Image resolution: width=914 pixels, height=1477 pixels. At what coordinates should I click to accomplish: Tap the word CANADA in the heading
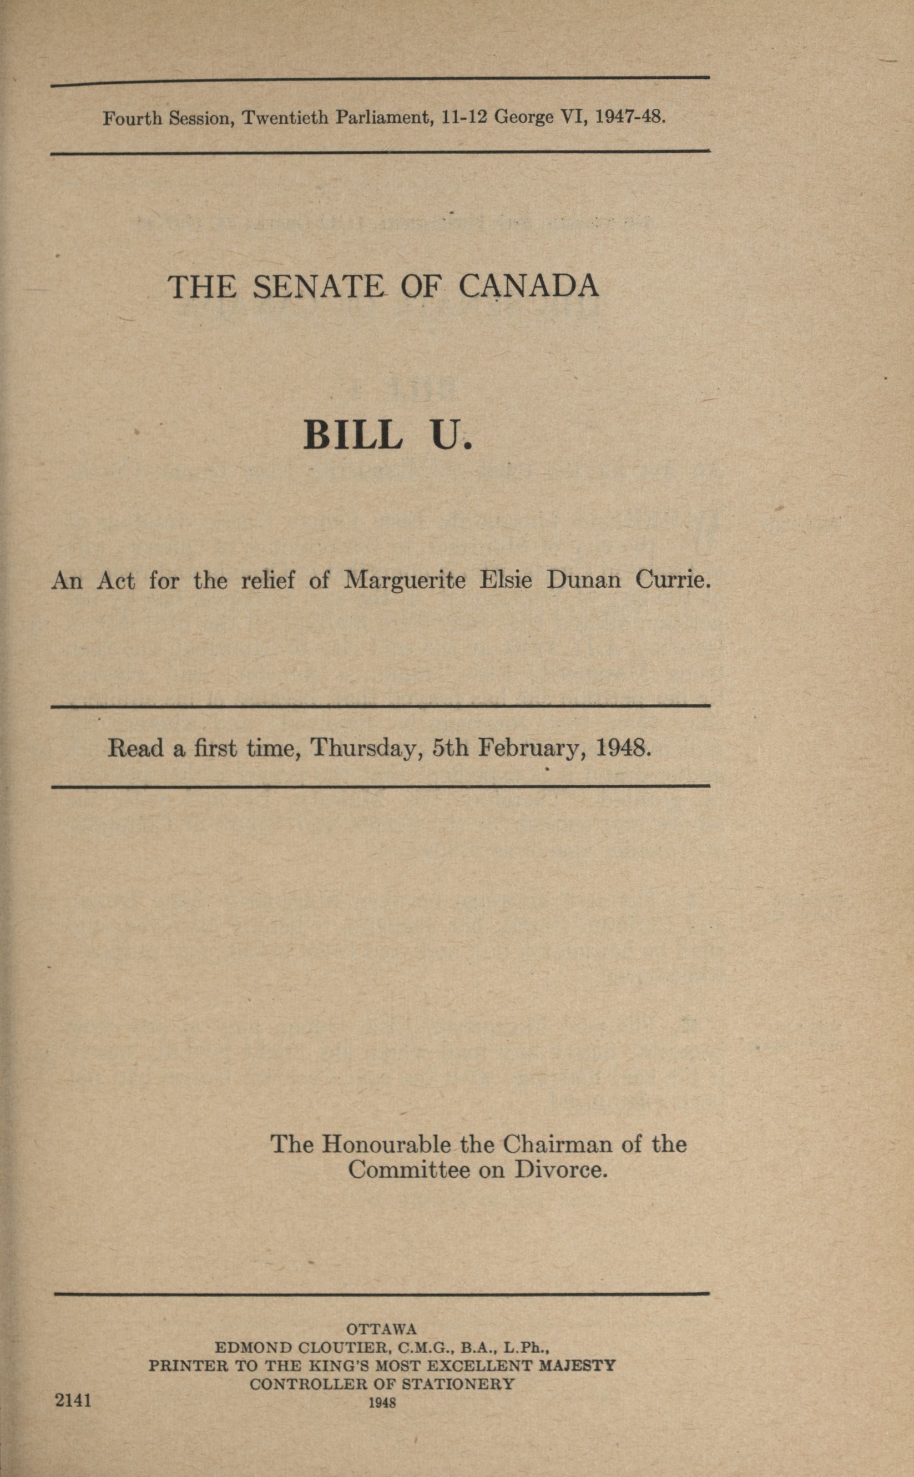pyautogui.click(x=528, y=286)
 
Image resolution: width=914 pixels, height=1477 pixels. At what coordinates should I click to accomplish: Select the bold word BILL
pyautogui.click(x=352, y=435)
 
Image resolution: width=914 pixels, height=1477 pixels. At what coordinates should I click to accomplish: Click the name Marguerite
pyautogui.click(x=405, y=581)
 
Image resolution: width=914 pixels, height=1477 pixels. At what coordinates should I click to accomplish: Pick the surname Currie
pyautogui.click(x=671, y=581)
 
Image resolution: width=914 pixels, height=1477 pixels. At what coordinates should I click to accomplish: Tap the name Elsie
pyautogui.click(x=506, y=581)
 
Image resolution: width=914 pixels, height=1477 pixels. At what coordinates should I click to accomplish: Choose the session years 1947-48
pyautogui.click(x=630, y=116)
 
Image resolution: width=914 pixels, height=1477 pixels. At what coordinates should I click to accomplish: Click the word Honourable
pyautogui.click(x=386, y=1144)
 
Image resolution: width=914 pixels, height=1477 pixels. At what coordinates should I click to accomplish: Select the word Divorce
pyautogui.click(x=560, y=1171)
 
